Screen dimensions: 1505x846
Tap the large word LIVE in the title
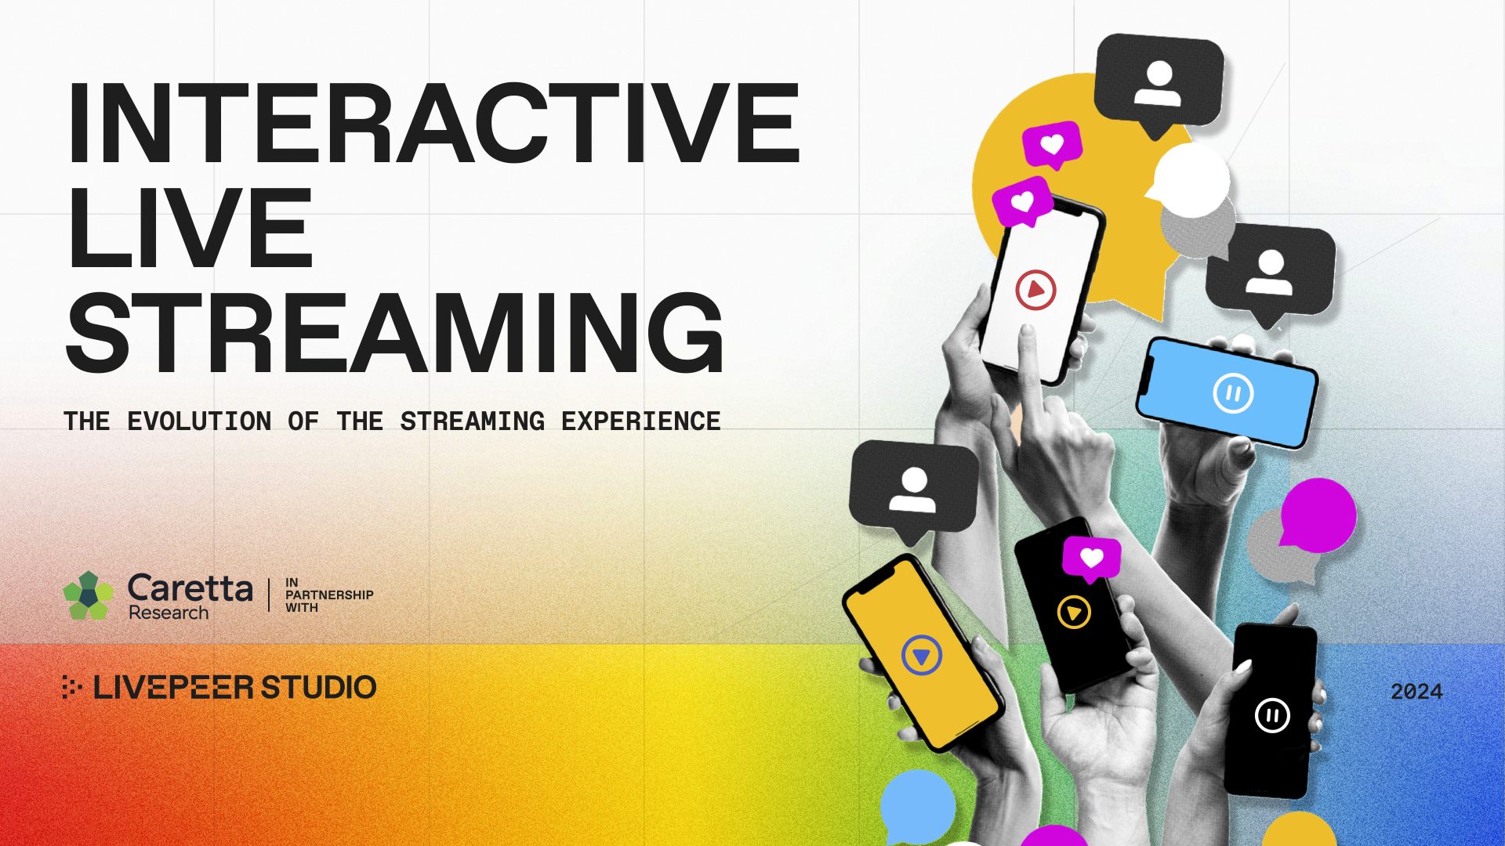(190, 227)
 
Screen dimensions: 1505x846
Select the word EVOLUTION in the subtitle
(199, 421)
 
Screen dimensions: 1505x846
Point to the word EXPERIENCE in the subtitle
(640, 421)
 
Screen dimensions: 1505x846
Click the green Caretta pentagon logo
(88, 596)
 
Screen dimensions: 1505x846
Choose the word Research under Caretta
(169, 613)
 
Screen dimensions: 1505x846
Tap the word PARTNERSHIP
(329, 595)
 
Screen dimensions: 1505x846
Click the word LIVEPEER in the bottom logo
(173, 687)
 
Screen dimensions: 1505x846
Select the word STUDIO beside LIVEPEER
(318, 687)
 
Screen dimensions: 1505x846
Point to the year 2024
(1416, 692)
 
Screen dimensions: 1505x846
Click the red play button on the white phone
(1035, 291)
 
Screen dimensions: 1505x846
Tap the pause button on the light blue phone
(1233, 393)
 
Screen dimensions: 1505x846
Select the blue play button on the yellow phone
(921, 655)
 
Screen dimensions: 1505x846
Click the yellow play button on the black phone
(1074, 612)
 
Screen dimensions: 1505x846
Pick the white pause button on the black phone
(1272, 715)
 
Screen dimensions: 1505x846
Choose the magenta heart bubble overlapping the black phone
(1091, 559)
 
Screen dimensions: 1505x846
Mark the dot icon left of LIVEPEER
(72, 687)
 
